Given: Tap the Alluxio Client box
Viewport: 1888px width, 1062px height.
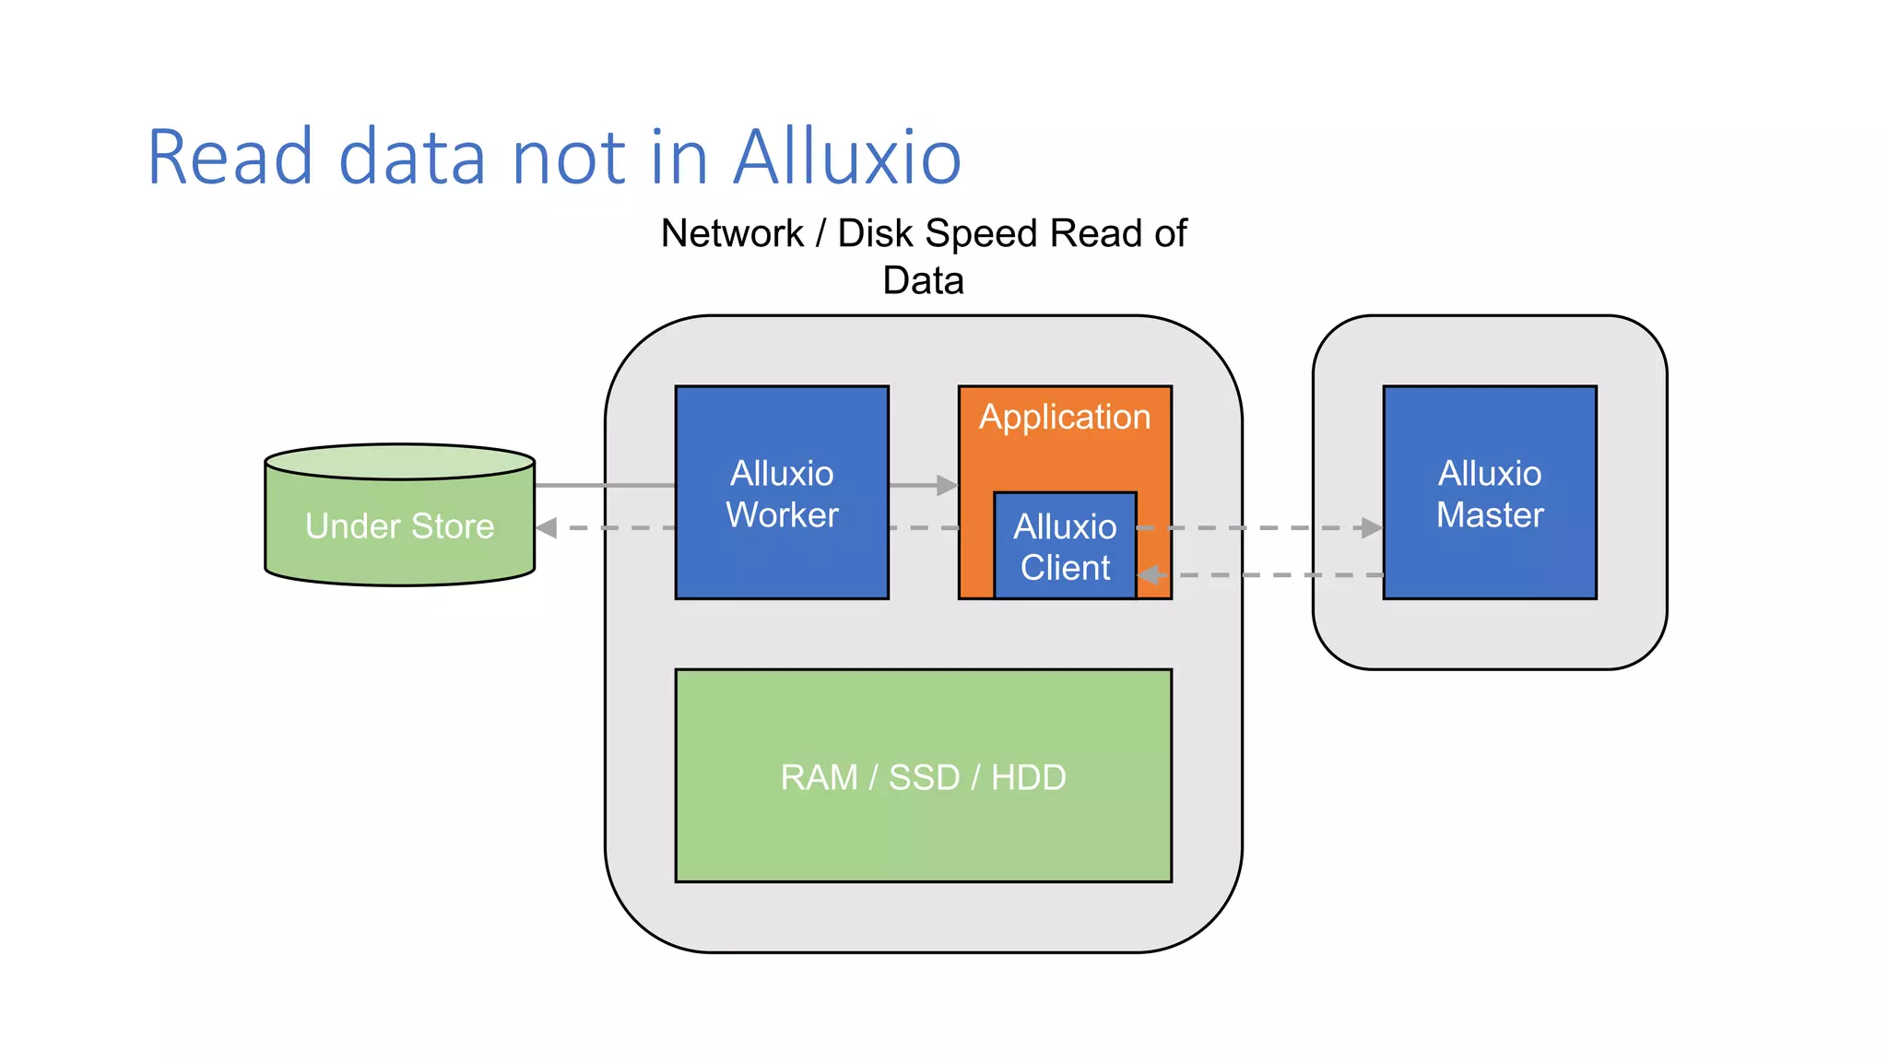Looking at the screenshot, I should coord(1065,547).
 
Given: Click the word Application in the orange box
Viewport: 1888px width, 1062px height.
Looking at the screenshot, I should coord(1065,417).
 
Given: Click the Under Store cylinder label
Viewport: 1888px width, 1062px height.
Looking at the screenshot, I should coord(399,525).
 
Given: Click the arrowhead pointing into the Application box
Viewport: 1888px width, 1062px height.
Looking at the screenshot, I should coord(947,485).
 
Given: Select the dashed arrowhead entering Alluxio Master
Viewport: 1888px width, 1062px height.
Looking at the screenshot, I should coord(1372,528).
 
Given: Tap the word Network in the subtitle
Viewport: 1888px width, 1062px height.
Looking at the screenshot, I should coord(732,233).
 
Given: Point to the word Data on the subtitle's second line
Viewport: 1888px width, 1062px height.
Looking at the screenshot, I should coord(923,280).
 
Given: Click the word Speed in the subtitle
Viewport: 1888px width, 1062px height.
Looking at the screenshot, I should coord(982,233).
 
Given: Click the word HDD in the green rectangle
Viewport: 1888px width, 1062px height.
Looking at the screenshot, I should coord(1028,777).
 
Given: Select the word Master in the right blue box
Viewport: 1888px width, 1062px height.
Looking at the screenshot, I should coord(1489,514).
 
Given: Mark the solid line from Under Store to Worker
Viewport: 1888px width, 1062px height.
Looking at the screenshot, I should coord(604,485).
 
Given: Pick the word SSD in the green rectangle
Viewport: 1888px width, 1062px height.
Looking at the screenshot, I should coord(924,777).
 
